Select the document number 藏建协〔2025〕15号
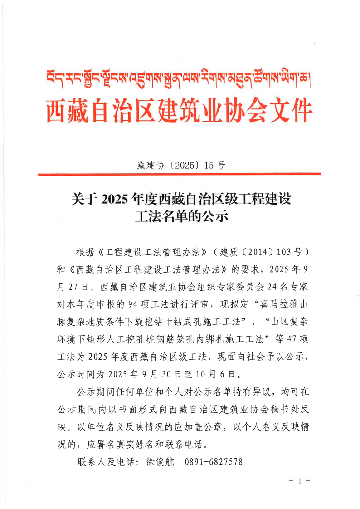click(x=180, y=165)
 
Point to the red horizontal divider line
click(x=180, y=174)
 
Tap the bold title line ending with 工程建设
click(x=180, y=198)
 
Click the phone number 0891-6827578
click(x=214, y=462)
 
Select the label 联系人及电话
click(x=107, y=462)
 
